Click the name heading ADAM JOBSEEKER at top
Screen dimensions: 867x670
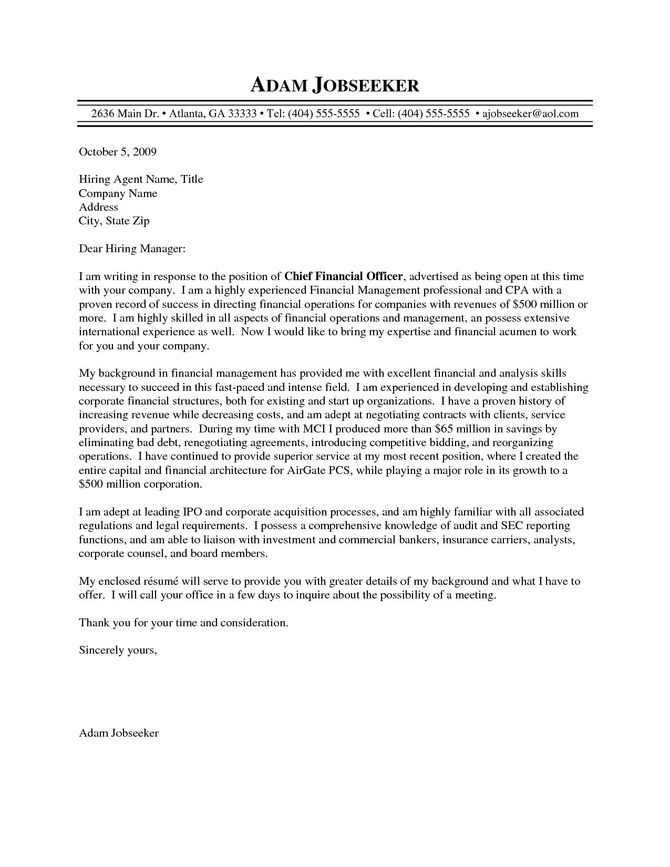(x=335, y=85)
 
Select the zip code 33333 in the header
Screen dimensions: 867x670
(x=242, y=113)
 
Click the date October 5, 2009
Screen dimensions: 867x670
(x=118, y=152)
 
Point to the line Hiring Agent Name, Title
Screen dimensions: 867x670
(x=141, y=179)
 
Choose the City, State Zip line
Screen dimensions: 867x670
(x=114, y=221)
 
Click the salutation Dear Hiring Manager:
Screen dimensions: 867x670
(x=132, y=249)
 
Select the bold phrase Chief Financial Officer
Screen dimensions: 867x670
(x=343, y=276)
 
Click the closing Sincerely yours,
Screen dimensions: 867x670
(x=118, y=650)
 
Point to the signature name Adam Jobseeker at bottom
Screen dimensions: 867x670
(x=119, y=733)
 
